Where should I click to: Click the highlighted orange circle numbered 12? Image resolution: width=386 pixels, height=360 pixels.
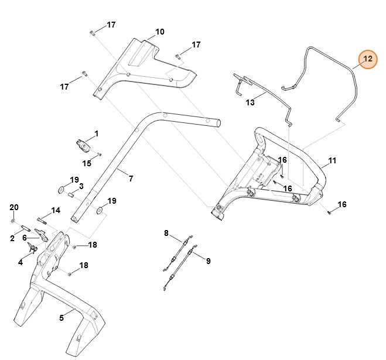[367, 59]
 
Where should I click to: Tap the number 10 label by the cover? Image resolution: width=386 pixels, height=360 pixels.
[160, 32]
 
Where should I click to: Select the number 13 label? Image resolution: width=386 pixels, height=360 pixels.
[250, 102]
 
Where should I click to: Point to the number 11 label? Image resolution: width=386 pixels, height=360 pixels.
[332, 160]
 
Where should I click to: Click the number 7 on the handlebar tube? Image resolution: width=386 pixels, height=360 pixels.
[131, 178]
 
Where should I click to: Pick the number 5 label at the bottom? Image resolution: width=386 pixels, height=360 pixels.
[62, 318]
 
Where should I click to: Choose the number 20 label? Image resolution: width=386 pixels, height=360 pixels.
[14, 208]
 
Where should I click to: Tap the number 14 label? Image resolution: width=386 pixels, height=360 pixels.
[56, 210]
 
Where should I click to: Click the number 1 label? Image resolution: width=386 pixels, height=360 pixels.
[97, 133]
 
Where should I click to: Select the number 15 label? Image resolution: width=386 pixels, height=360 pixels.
[87, 163]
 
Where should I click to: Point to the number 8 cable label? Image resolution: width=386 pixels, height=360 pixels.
[166, 233]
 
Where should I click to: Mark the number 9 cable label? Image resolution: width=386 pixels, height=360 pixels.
[208, 261]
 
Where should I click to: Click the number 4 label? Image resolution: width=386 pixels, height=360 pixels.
[20, 263]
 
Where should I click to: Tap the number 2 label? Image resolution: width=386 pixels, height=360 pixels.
[12, 238]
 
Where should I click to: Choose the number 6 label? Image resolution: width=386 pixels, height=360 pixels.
[25, 238]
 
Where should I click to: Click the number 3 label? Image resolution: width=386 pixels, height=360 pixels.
[81, 186]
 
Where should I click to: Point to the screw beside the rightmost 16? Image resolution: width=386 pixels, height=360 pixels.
[330, 212]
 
